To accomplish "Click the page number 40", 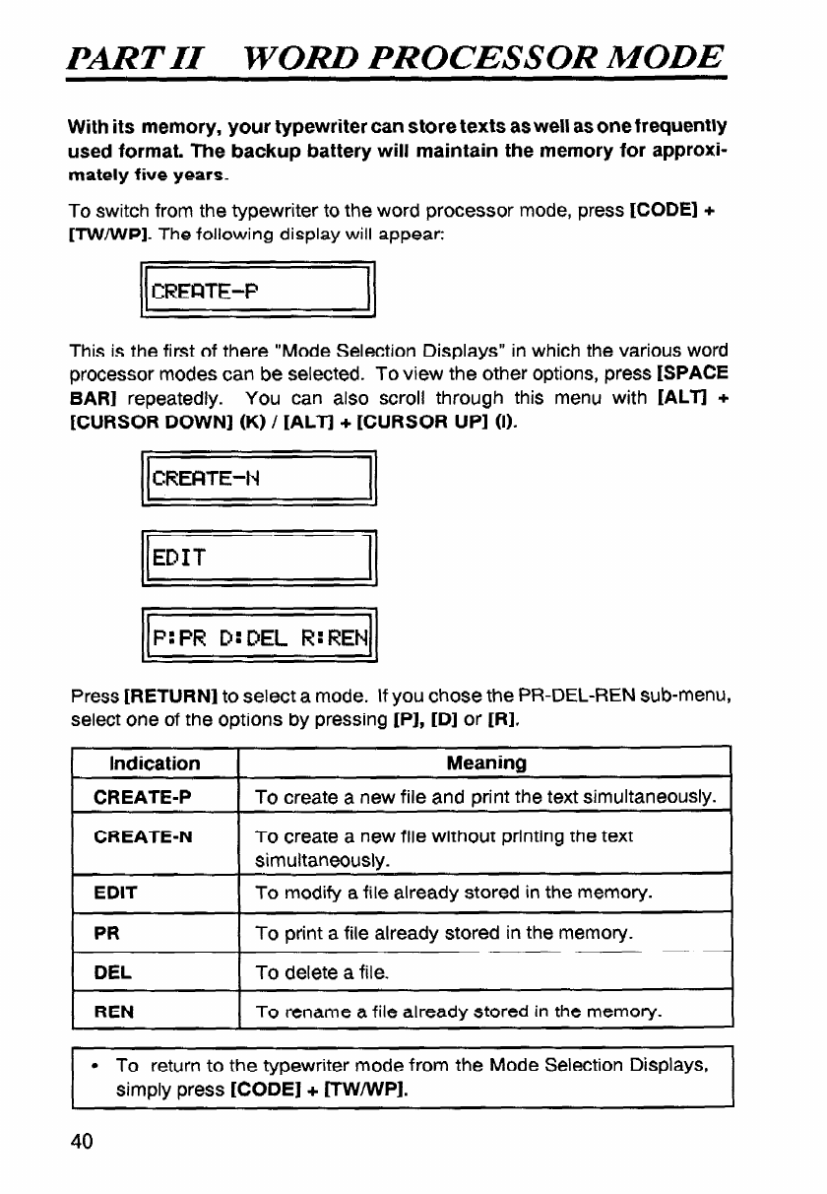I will [x=81, y=1141].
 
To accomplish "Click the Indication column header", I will [x=156, y=763].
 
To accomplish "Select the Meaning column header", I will [x=485, y=763].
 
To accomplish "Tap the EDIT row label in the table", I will [x=110, y=893].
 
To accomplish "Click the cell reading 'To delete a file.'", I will [x=322, y=973].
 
